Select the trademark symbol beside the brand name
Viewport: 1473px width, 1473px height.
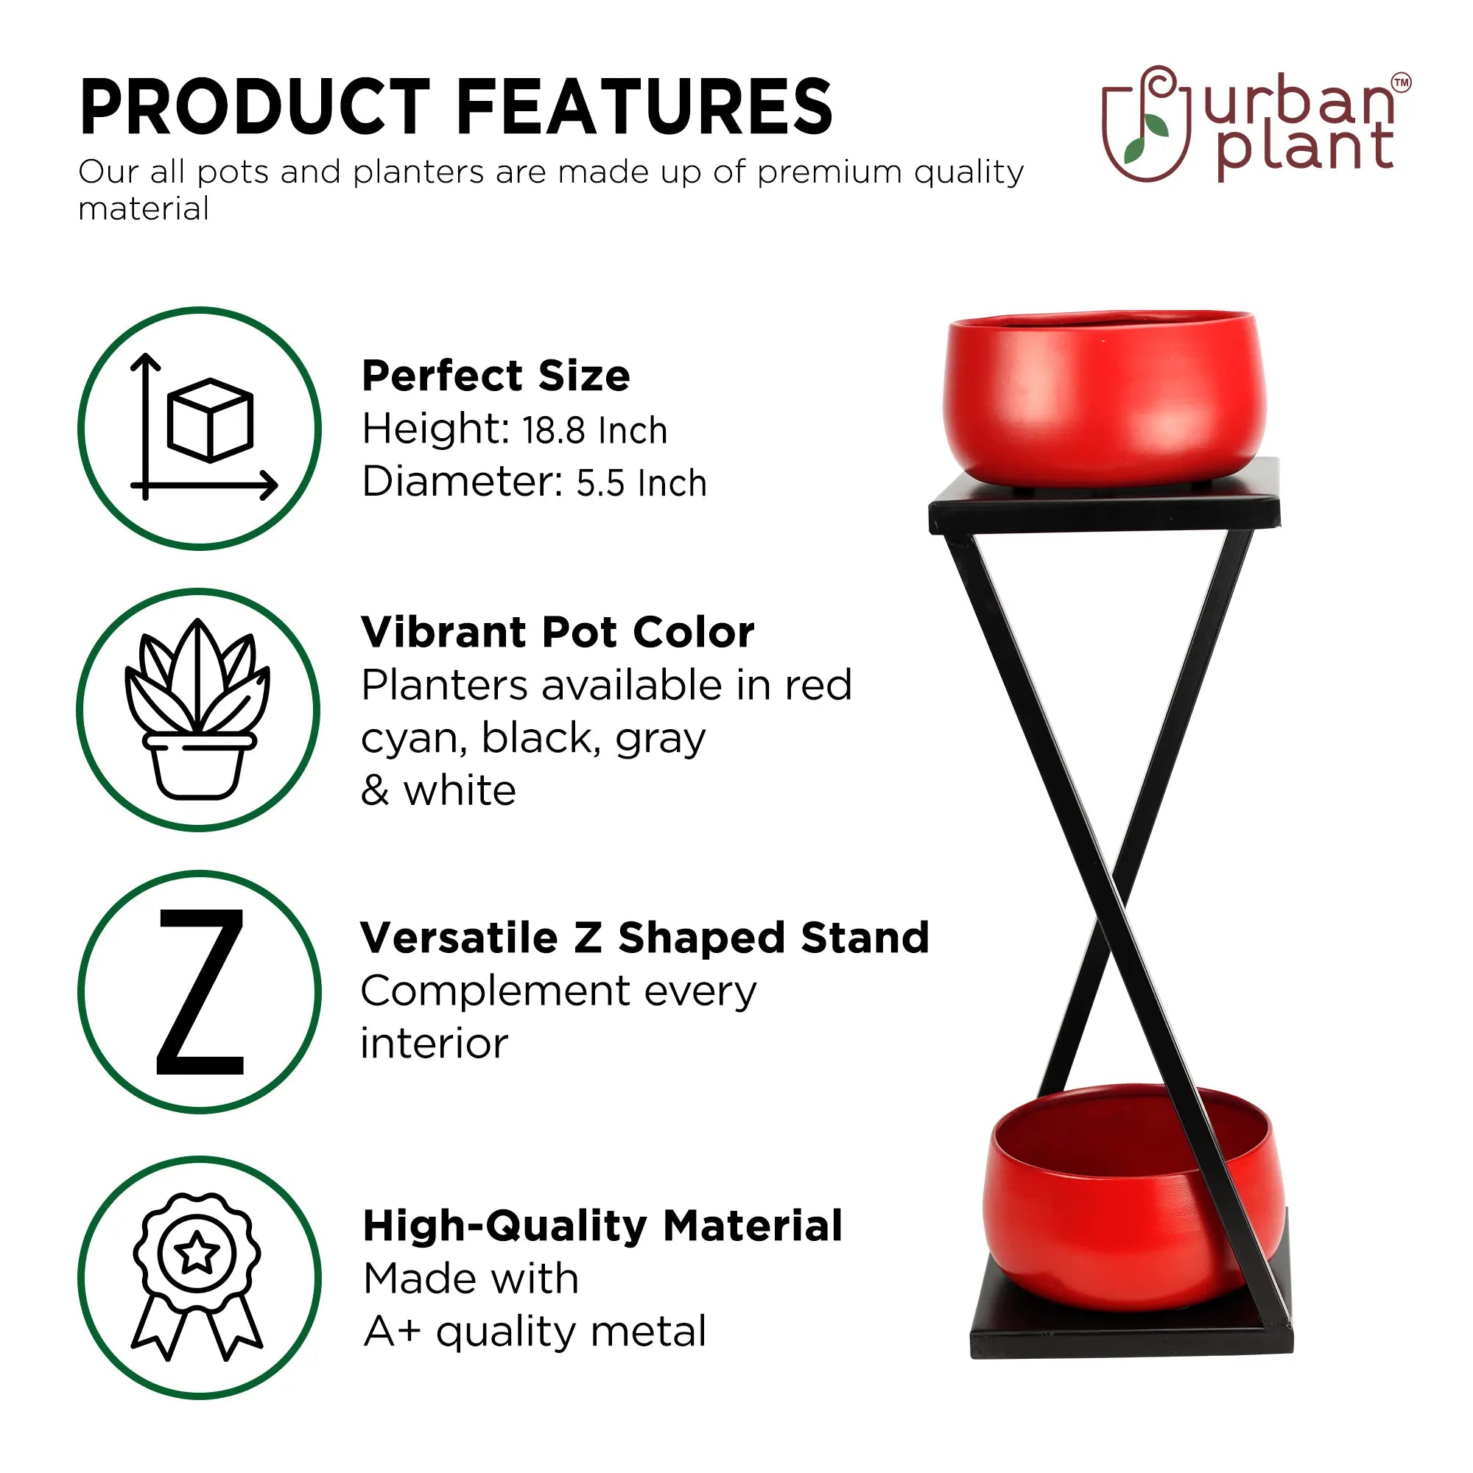[1402, 82]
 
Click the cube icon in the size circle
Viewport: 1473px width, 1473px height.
[210, 419]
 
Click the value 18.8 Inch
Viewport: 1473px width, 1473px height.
[594, 431]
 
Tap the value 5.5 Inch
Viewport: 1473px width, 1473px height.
[641, 483]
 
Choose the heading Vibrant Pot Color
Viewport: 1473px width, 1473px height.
[558, 632]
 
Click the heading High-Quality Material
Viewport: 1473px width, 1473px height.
[602, 1226]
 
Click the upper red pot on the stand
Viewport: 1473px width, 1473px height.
[1104, 396]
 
